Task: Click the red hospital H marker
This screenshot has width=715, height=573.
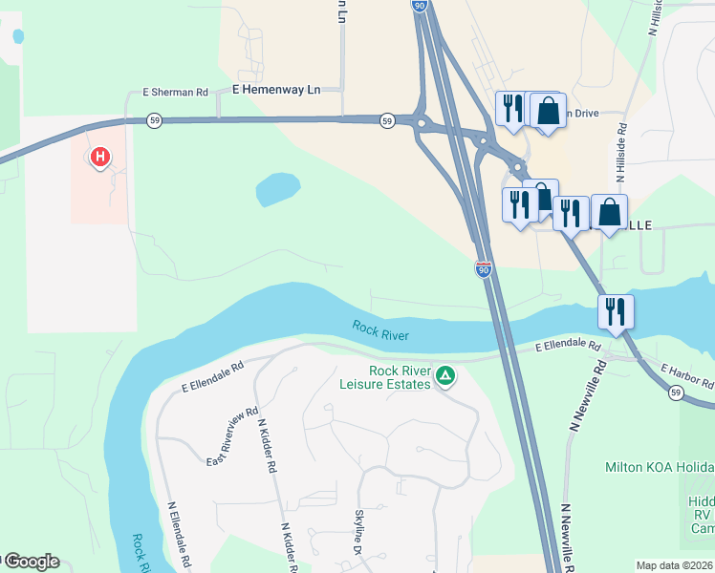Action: tap(98, 157)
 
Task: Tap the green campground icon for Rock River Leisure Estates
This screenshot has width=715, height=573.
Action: tap(444, 376)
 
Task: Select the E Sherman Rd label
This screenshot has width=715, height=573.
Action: tap(175, 93)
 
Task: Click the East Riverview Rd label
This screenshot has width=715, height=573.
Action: tap(233, 435)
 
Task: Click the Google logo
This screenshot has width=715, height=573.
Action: tap(31, 562)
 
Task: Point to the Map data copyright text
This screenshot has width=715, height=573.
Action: tap(675, 565)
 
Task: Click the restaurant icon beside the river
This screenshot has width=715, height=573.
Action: tap(613, 310)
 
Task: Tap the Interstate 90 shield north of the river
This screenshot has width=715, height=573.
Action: tap(484, 270)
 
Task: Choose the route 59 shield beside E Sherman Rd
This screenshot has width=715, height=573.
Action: tap(153, 120)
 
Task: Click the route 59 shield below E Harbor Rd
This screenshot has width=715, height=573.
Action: tap(676, 393)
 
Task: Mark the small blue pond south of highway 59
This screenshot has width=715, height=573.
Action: tap(277, 188)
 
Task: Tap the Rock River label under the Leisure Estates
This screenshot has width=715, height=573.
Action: tap(381, 330)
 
